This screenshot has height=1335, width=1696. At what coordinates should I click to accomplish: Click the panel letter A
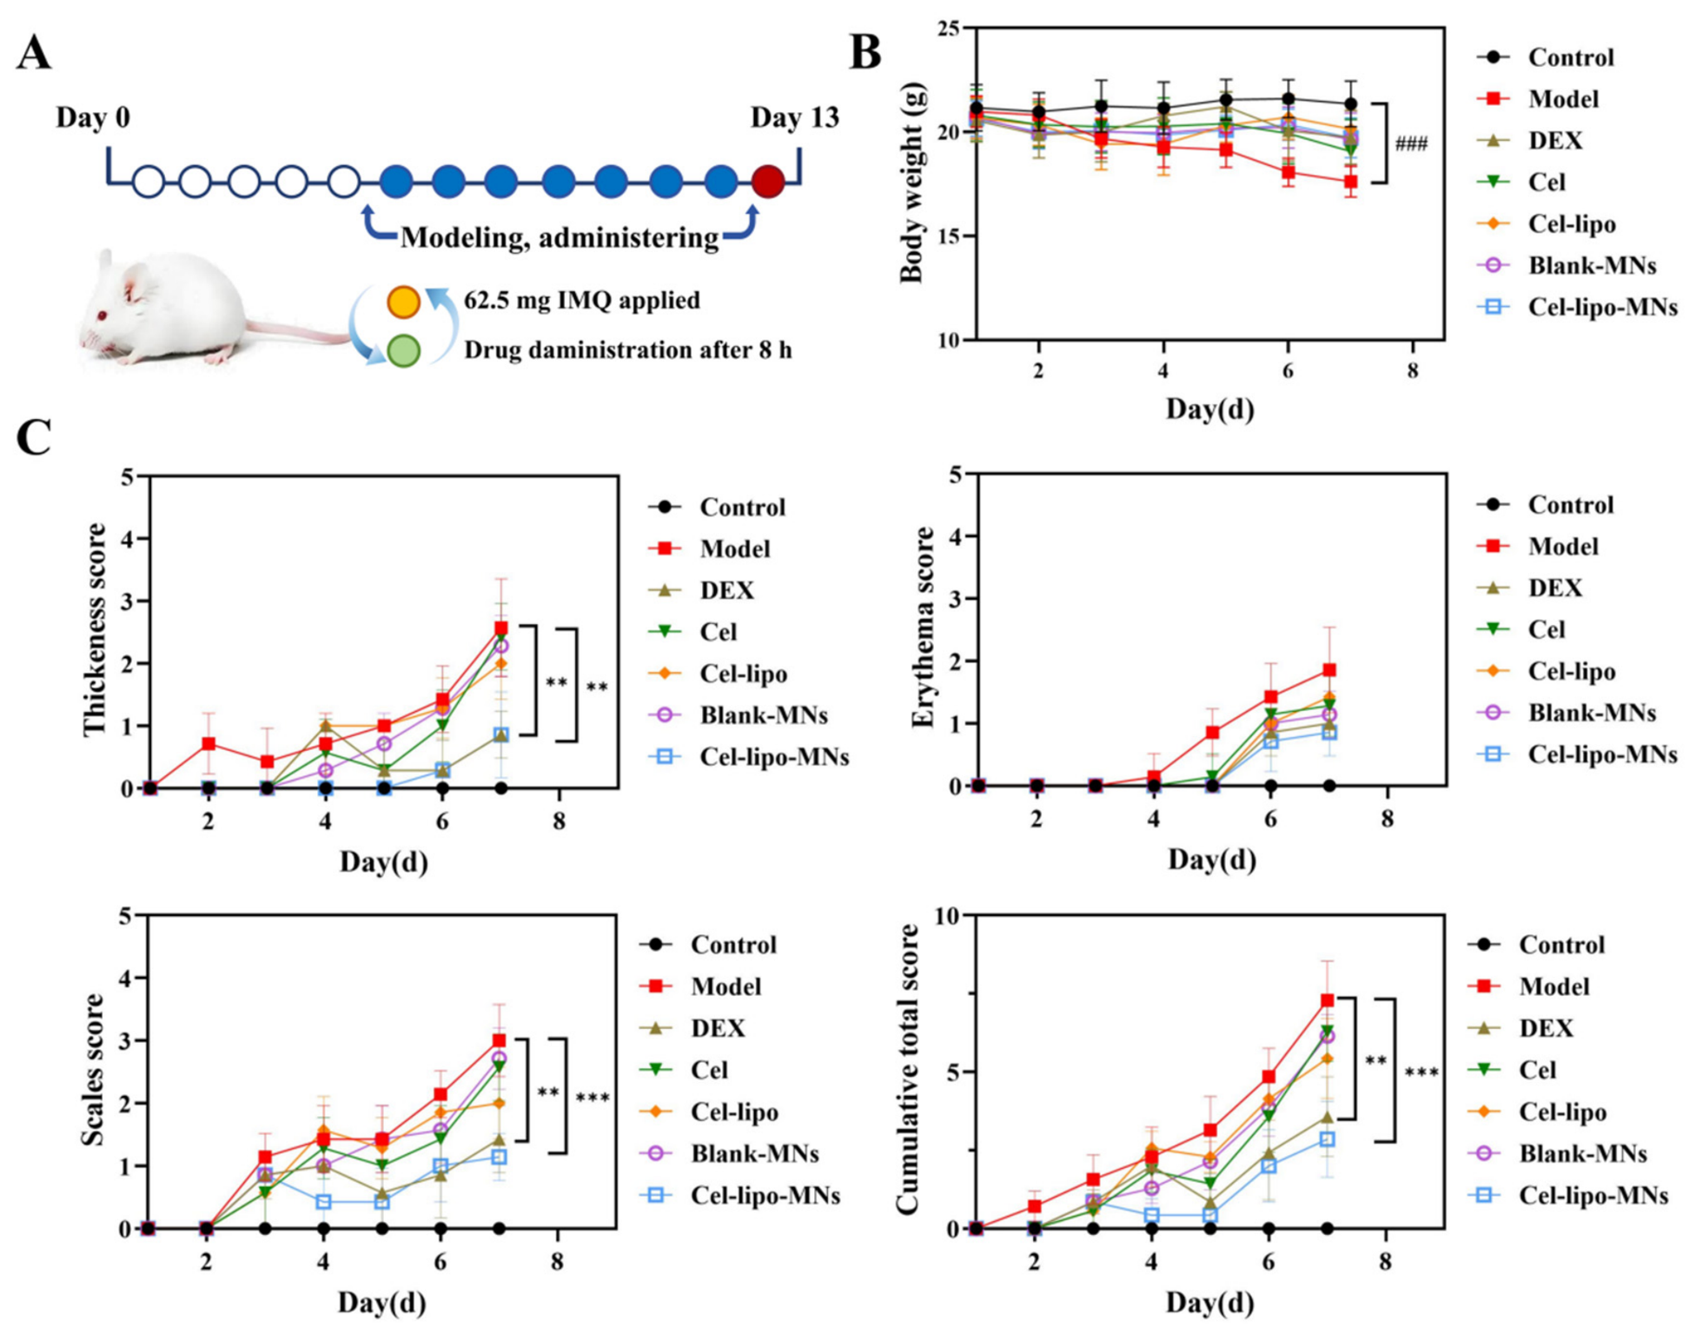pyautogui.click(x=34, y=54)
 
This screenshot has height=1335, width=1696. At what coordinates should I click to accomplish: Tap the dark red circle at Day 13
pyautogui.click(x=768, y=183)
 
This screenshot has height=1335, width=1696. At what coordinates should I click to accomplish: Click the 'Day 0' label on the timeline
pyautogui.click(x=93, y=117)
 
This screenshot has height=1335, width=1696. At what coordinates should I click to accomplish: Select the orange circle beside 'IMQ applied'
pyautogui.click(x=403, y=302)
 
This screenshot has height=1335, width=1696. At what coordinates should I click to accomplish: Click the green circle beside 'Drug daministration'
pyautogui.click(x=403, y=351)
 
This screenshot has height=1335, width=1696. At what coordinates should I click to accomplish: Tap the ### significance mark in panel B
pyautogui.click(x=1411, y=143)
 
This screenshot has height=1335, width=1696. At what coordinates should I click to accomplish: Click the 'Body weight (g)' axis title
pyautogui.click(x=911, y=183)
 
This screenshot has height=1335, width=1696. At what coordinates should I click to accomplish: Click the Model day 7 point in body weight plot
pyautogui.click(x=1351, y=182)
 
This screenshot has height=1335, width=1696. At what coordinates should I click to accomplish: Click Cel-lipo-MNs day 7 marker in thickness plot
pyautogui.click(x=501, y=734)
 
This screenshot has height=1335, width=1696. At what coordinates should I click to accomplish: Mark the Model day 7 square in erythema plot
pyautogui.click(x=1329, y=670)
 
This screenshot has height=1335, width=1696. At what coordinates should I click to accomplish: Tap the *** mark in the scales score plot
pyautogui.click(x=593, y=1098)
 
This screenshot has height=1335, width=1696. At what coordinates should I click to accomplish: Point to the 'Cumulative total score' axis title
pyautogui.click(x=908, y=1069)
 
